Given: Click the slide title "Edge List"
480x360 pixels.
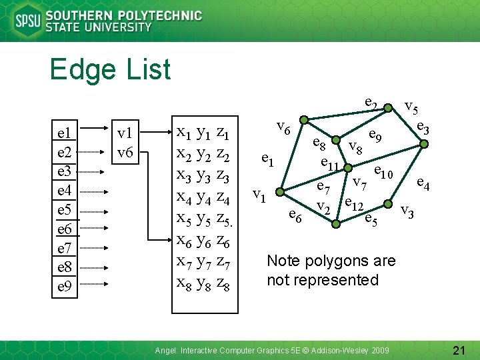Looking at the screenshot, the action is click(110, 69).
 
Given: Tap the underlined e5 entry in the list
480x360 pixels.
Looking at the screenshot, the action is click(65, 210).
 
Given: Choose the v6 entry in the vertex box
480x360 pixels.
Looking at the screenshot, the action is click(125, 152).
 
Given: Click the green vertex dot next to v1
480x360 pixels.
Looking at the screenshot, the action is click(280, 193).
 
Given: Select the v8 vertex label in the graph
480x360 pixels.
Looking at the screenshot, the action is click(355, 147).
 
